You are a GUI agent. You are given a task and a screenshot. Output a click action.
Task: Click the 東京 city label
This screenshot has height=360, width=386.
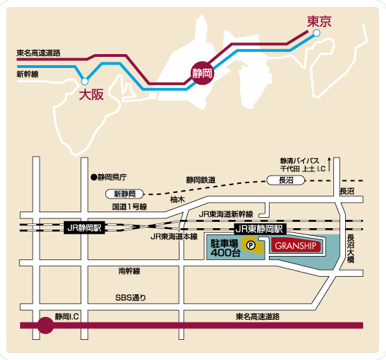click(319, 22)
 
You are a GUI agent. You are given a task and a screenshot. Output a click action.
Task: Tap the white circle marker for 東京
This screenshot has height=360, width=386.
click(317, 33)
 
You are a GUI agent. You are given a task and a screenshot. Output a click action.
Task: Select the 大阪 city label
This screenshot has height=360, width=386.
click(91, 94)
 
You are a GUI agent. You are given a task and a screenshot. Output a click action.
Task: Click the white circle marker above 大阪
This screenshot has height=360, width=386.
click(85, 81)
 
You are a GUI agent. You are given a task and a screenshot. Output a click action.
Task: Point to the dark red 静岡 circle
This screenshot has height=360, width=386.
click(202, 73)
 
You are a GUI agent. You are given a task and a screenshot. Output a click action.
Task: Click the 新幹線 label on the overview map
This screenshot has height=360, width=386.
click(28, 74)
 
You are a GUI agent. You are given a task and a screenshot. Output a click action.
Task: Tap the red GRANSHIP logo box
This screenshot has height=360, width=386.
click(296, 246)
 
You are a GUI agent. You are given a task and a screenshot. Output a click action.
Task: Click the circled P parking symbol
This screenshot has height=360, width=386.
click(251, 245)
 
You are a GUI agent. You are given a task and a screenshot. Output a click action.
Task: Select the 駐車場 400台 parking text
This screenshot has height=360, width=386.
click(225, 248)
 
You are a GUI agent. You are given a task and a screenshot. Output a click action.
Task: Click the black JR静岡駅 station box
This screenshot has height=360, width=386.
click(85, 228)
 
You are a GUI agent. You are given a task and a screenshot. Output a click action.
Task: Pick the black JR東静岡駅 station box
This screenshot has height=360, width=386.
click(259, 229)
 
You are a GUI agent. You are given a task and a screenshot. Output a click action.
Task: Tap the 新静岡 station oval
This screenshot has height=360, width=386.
click(125, 194)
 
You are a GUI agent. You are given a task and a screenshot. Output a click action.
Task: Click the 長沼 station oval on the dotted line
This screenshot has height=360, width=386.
click(286, 180)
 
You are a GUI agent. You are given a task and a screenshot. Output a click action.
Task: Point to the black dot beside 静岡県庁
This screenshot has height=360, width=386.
click(94, 177)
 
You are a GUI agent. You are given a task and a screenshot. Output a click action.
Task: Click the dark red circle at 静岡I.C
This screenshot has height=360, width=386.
click(46, 325)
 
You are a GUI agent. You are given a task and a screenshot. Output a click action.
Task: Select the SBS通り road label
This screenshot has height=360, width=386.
click(131, 298)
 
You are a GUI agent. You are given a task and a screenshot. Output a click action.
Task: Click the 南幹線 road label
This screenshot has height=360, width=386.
click(129, 271)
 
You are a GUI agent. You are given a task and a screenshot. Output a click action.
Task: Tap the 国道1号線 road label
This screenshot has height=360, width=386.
click(130, 207)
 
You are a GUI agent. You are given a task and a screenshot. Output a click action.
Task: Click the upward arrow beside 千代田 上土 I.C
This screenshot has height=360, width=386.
click(329, 164)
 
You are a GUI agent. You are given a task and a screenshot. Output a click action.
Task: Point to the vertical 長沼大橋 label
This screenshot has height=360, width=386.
click(351, 248)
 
